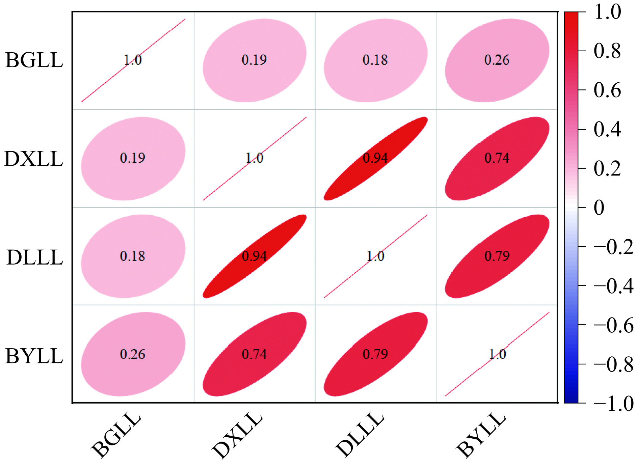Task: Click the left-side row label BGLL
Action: (34, 61)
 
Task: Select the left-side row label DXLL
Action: (33, 159)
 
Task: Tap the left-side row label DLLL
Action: (35, 257)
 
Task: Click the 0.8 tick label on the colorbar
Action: (607, 51)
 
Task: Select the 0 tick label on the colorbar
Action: (599, 208)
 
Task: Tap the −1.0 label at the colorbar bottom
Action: (613, 403)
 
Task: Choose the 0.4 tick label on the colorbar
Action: (607, 129)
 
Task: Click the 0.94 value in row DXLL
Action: (375, 158)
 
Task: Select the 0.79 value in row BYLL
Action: (375, 354)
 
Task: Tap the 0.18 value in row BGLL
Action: (375, 60)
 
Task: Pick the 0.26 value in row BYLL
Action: (133, 354)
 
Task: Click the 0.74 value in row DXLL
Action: (497, 158)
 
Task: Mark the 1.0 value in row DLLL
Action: (375, 256)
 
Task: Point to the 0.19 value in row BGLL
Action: (254, 60)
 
